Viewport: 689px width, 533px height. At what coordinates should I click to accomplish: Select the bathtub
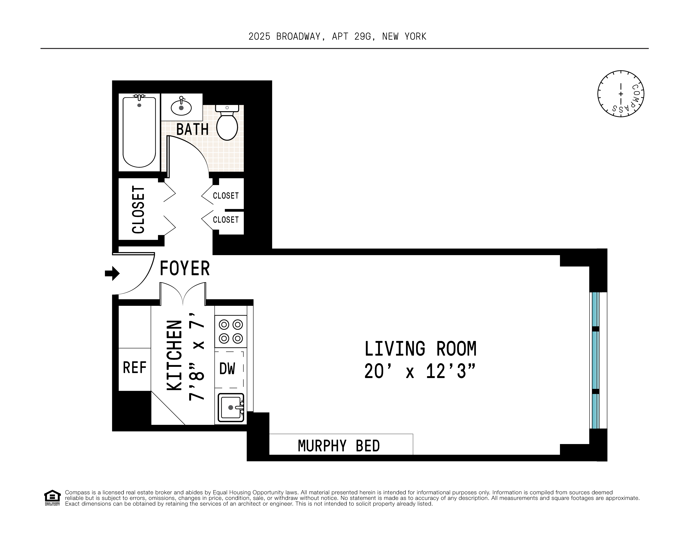(139, 132)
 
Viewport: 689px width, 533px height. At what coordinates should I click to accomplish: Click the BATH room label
(192, 129)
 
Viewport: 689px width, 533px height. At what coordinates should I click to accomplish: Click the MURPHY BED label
(339, 446)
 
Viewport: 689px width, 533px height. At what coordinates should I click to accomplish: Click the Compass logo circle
(621, 94)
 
